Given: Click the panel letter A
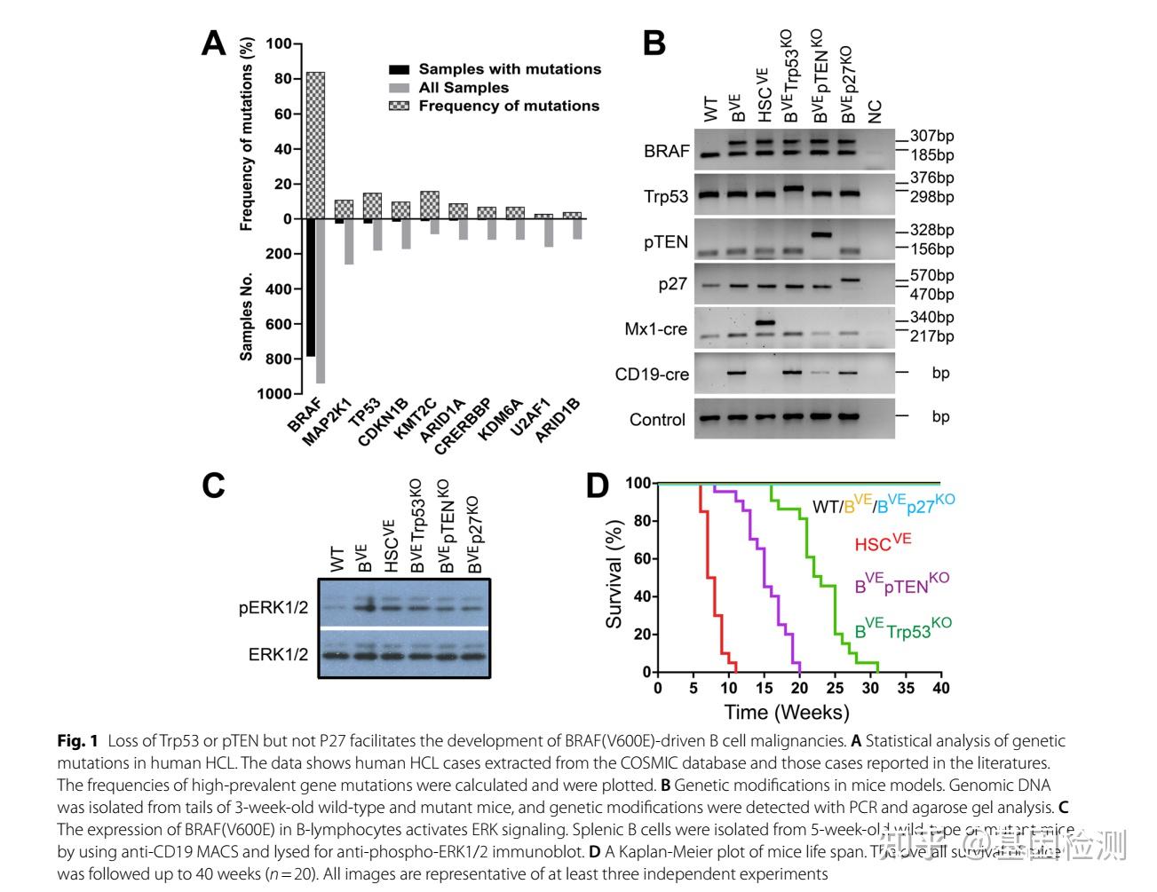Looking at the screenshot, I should tap(214, 43).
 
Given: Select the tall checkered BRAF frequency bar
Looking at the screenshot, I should tap(315, 145).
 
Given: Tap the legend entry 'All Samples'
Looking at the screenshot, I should tap(464, 88).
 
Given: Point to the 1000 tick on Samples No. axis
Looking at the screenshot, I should tap(274, 394).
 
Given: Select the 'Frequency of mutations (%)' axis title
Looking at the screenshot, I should tap(247, 134).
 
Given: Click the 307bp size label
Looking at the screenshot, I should tap(931, 137).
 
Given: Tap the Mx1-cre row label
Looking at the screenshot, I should tap(655, 329).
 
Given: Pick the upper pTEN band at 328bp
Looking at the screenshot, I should tap(822, 235).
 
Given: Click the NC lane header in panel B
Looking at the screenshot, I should tap(875, 112).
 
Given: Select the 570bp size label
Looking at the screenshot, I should tap(931, 276).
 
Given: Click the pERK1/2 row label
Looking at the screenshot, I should tap(273, 608).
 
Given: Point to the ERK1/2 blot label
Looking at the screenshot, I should tap(278, 655).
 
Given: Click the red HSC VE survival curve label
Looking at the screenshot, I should tap(883, 543).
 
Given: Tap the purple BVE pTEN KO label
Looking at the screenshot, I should tap(901, 584).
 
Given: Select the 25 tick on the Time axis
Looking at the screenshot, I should tap(835, 688).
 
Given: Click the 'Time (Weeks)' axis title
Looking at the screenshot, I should tap(786, 712).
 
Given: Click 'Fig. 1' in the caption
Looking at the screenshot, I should tap(77, 741).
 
